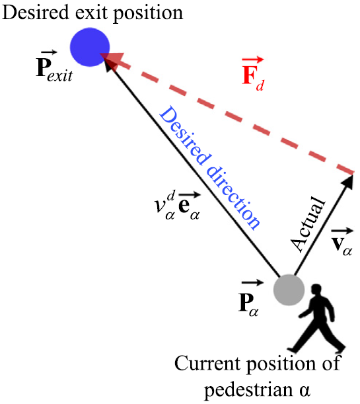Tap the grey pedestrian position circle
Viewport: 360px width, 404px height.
(289, 290)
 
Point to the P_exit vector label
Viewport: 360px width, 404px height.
(50, 69)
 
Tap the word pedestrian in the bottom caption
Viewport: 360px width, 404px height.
(240, 385)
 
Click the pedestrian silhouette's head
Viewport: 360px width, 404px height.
(316, 290)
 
